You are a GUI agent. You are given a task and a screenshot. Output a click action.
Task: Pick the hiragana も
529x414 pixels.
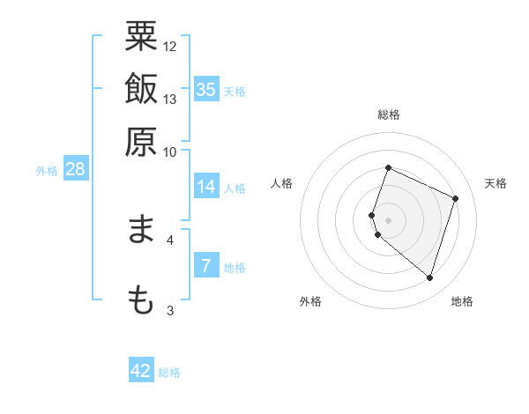tap(141, 299)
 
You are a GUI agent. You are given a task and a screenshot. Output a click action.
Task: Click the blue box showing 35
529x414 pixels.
tap(206, 89)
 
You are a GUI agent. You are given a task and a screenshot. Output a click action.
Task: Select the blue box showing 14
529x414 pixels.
tap(206, 187)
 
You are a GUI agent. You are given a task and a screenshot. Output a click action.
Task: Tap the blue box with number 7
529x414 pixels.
tap(206, 266)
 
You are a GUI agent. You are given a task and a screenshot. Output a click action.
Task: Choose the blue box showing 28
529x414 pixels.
tap(75, 169)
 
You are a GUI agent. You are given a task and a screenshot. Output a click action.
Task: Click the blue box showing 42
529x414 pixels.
tap(141, 371)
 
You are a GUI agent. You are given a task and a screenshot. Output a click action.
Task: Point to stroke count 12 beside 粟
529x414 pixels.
tap(170, 46)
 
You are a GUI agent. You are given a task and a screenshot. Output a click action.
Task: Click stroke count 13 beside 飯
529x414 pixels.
tap(170, 100)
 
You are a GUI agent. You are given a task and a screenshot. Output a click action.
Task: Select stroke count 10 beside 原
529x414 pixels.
tap(170, 151)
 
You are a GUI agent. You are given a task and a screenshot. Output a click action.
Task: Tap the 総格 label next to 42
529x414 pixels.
tap(169, 373)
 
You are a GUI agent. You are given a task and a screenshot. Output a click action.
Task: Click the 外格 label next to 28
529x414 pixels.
tap(47, 171)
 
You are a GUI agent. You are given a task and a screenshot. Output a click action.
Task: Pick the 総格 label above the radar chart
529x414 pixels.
tap(389, 115)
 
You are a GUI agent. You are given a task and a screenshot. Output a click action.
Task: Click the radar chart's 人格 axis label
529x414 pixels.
tap(282, 183)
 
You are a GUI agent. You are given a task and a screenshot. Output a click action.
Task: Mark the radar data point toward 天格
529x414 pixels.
tap(456, 198)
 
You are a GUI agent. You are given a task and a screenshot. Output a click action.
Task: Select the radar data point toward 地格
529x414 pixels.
tap(429, 278)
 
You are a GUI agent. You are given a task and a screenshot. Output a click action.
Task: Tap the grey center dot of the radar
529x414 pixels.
tap(389, 219)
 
